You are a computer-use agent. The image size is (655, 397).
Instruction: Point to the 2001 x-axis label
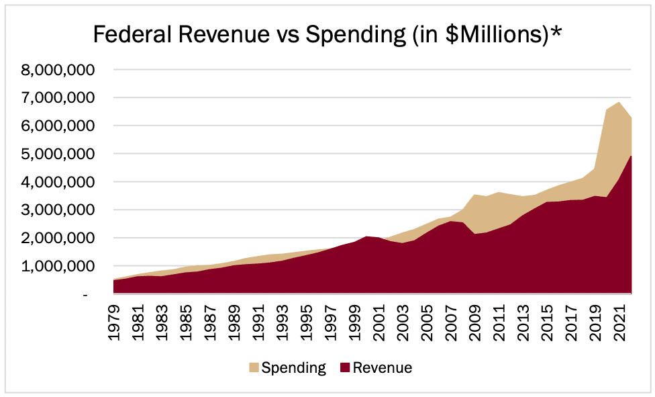378,323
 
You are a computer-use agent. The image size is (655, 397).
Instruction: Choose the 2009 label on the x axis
473,323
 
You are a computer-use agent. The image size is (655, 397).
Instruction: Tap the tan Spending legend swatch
253,367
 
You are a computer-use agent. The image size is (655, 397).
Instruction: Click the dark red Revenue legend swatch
344,367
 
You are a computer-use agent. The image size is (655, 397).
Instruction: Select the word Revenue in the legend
383,367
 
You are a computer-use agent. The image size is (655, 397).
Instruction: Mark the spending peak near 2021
619,103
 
